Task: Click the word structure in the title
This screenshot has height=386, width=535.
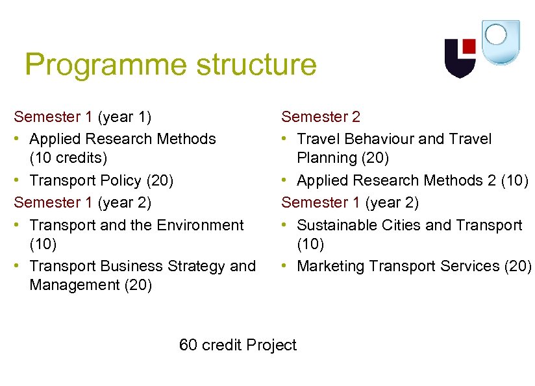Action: point(256,66)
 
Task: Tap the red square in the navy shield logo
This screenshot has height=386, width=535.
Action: point(468,47)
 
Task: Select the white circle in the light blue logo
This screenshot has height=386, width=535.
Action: point(496,34)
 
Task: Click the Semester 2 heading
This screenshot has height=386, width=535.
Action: point(320,117)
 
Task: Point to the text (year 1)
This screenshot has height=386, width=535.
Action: point(124,117)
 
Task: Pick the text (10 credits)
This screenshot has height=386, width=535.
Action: point(68,158)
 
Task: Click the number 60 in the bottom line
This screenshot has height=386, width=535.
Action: point(188,345)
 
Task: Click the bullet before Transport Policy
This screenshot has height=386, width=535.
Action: point(18,180)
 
